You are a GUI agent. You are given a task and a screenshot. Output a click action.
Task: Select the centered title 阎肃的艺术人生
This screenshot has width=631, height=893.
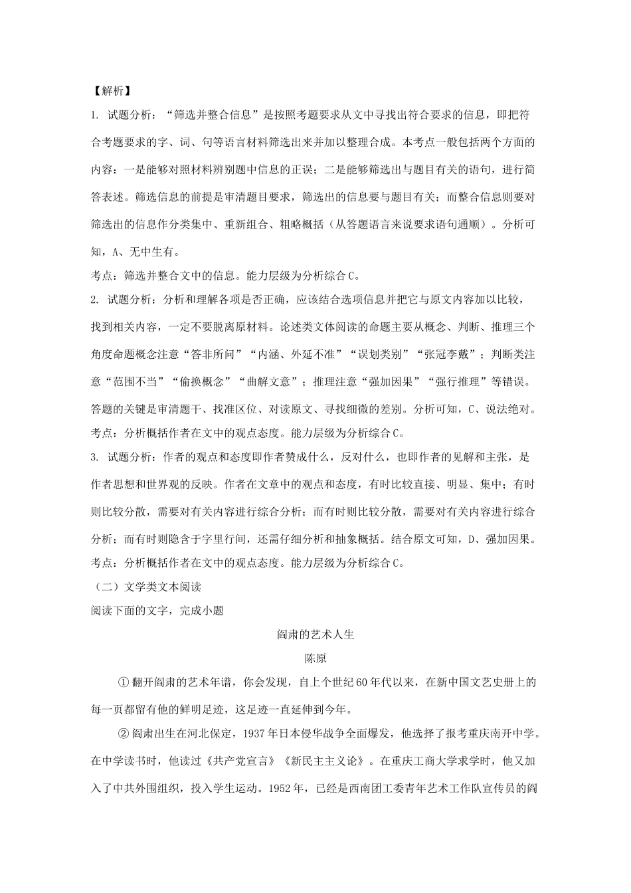315,634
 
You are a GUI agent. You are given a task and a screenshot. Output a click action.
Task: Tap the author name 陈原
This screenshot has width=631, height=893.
315,658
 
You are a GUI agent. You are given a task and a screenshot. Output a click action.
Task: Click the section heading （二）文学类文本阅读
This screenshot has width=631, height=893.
146,587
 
